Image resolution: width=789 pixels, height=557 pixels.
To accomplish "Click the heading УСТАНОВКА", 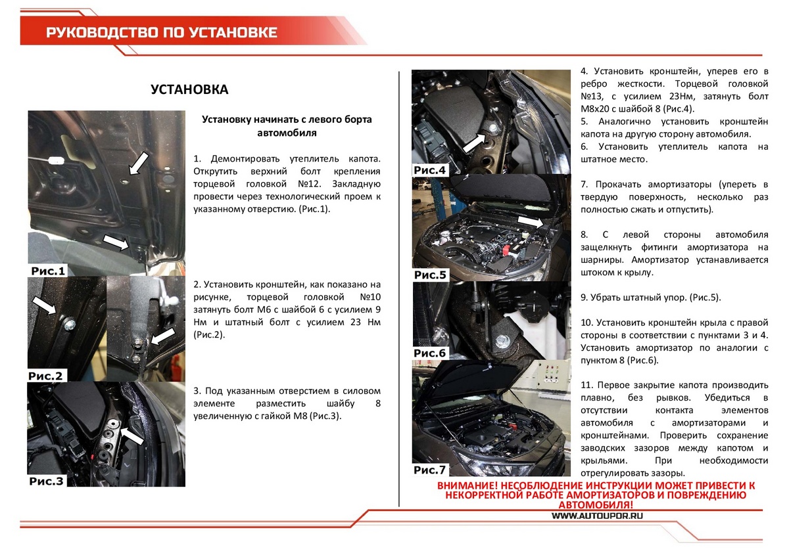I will [x=189, y=89].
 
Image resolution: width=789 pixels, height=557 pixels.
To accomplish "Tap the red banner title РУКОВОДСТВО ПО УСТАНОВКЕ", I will [x=161, y=33].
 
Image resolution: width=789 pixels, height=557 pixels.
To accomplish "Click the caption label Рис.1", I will [x=49, y=271].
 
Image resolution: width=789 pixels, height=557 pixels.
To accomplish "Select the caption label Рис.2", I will [x=46, y=376].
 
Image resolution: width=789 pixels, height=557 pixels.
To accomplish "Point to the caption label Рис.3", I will [x=46, y=481].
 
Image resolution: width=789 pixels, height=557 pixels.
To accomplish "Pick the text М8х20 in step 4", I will [x=598, y=109].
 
